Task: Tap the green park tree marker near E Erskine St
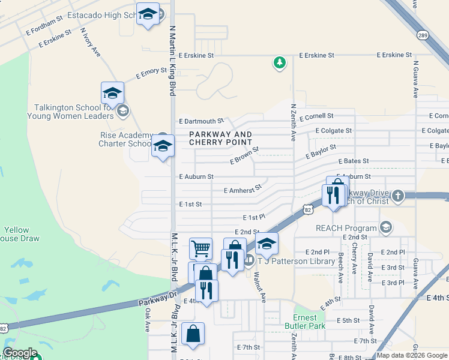pyautogui.click(x=279, y=62)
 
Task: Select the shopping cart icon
pyautogui.click(x=200, y=247)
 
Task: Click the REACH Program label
pyautogui.click(x=347, y=228)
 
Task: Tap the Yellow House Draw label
pyautogui.click(x=16, y=234)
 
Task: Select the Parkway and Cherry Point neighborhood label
pyautogui.click(x=220, y=138)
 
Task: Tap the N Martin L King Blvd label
pyautogui.click(x=172, y=60)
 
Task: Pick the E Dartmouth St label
pyautogui.click(x=201, y=121)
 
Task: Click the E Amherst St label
pyautogui.click(x=243, y=189)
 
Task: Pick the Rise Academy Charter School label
pyautogui.click(x=126, y=139)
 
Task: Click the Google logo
pyautogui.click(x=20, y=353)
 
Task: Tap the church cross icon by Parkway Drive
pyautogui.click(x=397, y=196)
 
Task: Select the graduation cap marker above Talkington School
pyautogui.click(x=112, y=93)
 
